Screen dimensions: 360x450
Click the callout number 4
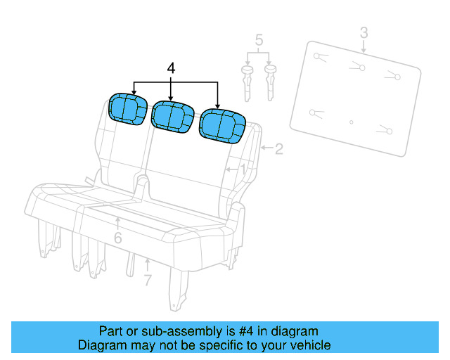pyautogui.click(x=171, y=68)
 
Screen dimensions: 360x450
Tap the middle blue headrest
pyautogui.click(x=172, y=115)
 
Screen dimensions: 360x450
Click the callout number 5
pyautogui.click(x=259, y=40)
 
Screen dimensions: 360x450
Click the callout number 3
pyautogui.click(x=364, y=32)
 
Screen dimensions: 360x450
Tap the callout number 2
pyautogui.click(x=278, y=148)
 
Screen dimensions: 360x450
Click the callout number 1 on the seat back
pyautogui.click(x=243, y=169)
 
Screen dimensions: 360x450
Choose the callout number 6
pyautogui.click(x=117, y=238)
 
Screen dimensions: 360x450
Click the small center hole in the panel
pyautogui.click(x=352, y=122)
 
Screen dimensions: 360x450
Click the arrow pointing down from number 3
pyautogui.click(x=364, y=46)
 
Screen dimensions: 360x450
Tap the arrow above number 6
pyautogui.click(x=117, y=224)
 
